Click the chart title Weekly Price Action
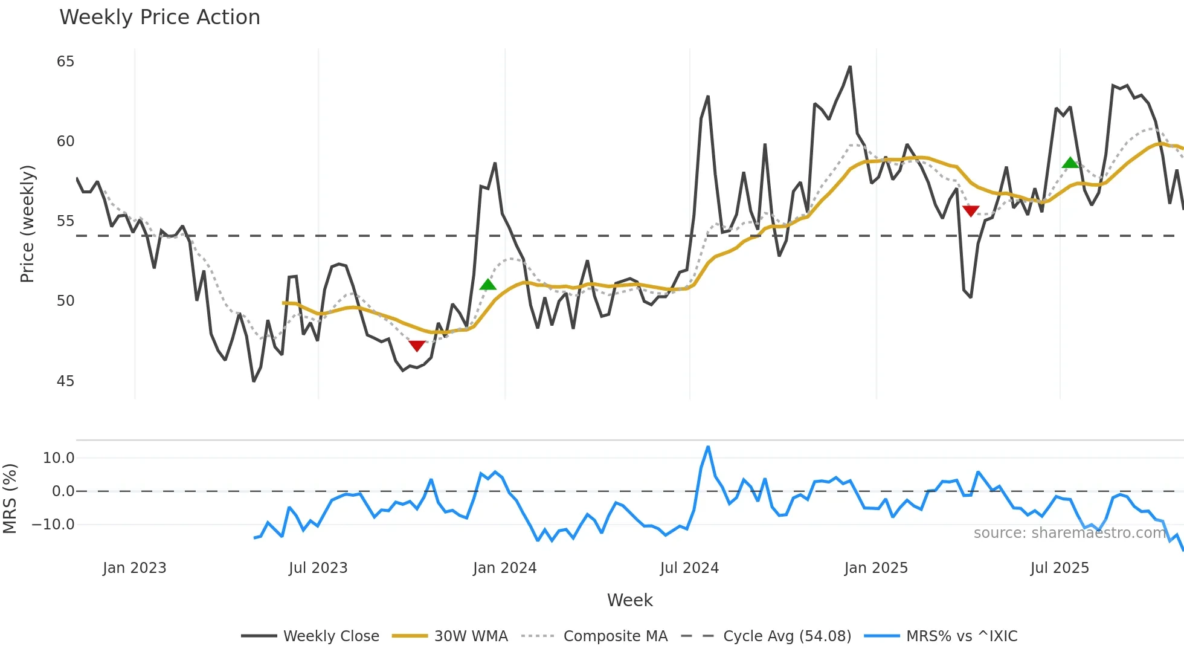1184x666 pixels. tap(159, 18)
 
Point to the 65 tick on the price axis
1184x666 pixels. tap(65, 62)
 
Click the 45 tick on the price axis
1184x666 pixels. tap(65, 381)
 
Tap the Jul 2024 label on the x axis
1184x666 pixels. tap(689, 568)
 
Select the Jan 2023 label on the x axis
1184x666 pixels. tap(134, 568)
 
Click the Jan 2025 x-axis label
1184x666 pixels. tap(876, 568)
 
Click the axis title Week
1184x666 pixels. tap(629, 600)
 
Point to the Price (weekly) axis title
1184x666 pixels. tap(27, 224)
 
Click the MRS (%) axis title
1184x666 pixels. tap(10, 499)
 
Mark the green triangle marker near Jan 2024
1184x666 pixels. tap(487, 285)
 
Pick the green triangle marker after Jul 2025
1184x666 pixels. tap(1070, 163)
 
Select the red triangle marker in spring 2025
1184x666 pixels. tap(970, 210)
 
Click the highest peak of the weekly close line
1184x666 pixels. tap(850, 67)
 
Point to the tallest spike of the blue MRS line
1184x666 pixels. tap(708, 447)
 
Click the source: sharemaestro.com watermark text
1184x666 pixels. tap(1069, 533)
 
